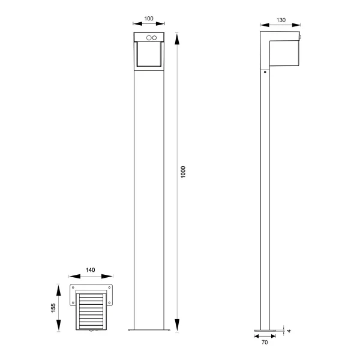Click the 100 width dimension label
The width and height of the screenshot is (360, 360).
[x=149, y=19]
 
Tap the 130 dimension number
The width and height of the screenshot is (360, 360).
[x=280, y=19]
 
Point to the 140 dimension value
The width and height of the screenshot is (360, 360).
[x=91, y=271]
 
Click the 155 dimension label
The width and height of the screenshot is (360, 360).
[x=53, y=308]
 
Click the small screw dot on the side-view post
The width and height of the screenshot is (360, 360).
[x=265, y=73]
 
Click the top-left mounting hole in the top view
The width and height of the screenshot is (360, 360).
[x=74, y=287]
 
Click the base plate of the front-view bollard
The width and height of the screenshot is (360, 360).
[x=149, y=330]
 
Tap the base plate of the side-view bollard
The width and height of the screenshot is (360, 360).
[x=265, y=330]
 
